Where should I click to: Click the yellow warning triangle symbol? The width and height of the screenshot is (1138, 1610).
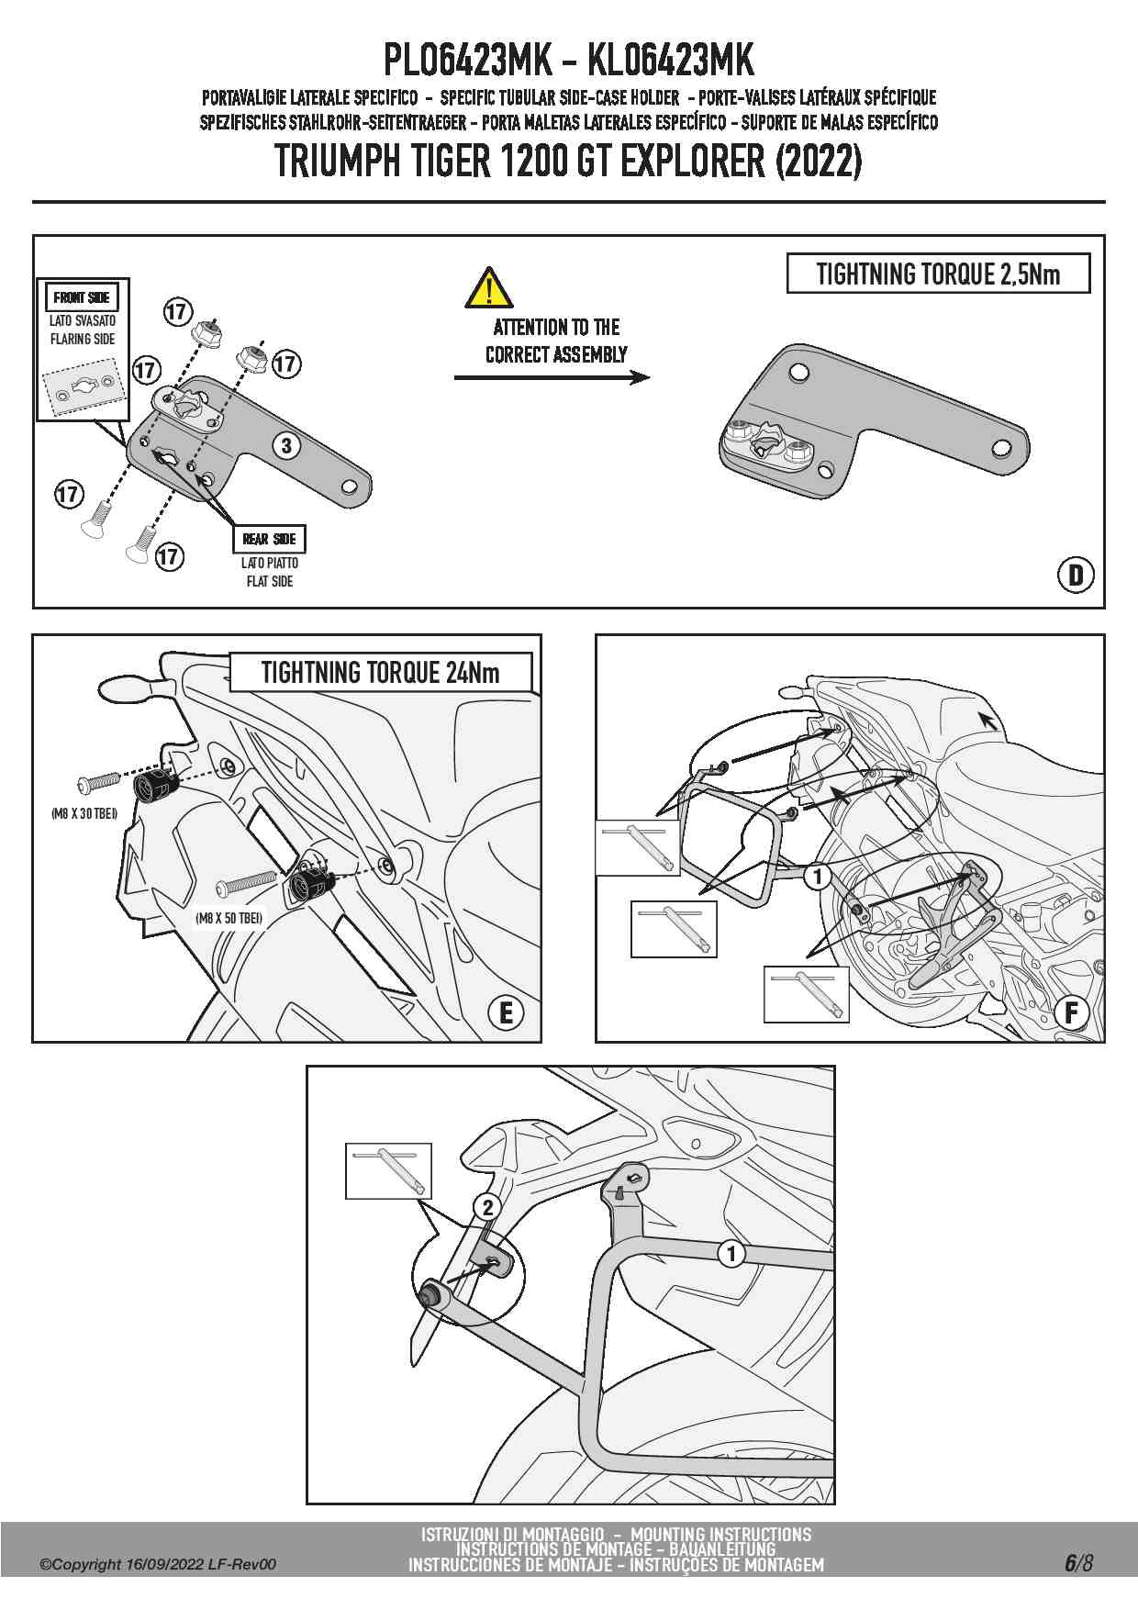(x=488, y=288)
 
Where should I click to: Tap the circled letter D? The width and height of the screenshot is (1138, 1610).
(x=1076, y=576)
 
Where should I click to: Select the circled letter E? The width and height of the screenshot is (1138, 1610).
(x=506, y=1013)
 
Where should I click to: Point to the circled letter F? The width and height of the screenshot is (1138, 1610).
(x=1071, y=1013)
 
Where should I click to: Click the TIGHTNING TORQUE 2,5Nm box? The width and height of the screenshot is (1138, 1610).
(x=938, y=274)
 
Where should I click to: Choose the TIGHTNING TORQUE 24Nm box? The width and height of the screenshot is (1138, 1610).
(x=380, y=672)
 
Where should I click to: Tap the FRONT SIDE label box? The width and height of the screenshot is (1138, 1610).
(x=82, y=297)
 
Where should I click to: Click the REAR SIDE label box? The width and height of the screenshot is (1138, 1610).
(x=270, y=539)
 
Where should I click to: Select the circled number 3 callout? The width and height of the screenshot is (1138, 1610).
(x=287, y=446)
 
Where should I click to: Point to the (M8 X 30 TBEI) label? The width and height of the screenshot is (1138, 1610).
(x=84, y=813)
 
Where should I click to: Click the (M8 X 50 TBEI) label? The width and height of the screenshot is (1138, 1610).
(x=229, y=917)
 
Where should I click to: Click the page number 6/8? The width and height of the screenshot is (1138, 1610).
(x=1078, y=1563)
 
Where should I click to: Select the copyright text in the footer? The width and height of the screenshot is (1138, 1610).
(x=157, y=1565)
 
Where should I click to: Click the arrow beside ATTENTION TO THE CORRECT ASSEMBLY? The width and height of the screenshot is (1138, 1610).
(x=552, y=377)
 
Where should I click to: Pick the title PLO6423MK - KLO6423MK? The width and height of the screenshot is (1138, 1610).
(x=568, y=61)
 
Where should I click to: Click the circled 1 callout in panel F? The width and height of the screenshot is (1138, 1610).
(x=817, y=877)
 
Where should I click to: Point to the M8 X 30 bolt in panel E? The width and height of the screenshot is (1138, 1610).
(x=98, y=781)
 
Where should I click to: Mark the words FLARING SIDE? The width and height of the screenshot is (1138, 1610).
(x=83, y=339)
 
